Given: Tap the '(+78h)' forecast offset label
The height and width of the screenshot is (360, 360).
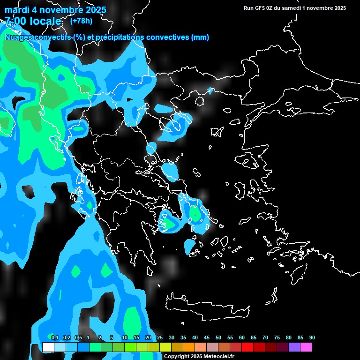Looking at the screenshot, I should tap(81, 21).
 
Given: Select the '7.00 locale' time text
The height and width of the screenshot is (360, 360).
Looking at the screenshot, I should tap(33, 21).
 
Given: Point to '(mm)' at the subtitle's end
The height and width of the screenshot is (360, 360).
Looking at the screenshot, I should tap(200, 37).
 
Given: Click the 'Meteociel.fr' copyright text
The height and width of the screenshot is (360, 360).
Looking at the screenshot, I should tap(216, 356).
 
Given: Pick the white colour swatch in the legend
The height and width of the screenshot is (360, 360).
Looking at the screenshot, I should tap(48, 347).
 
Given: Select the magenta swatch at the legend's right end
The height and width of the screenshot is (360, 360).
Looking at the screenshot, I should tap(306, 347).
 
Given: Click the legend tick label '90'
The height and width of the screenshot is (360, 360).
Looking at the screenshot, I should tap(312, 337).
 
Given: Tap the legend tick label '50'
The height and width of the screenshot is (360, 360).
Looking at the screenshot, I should tap(218, 337).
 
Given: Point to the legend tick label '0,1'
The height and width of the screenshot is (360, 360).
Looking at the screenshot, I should tap(54, 337).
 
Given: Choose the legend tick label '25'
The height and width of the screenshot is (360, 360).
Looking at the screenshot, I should tap(160, 337).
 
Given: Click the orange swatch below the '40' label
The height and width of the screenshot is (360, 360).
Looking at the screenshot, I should tap(189, 347).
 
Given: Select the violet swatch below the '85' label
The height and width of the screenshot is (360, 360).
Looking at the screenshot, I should tap(294, 347).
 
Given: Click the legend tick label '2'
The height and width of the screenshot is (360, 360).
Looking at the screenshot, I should tap(100, 337).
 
